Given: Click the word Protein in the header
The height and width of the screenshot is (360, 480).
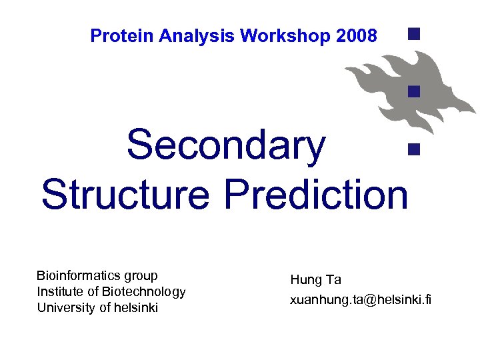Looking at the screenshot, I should tap(115, 36).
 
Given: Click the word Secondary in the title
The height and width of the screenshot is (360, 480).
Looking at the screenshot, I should tap(226, 145).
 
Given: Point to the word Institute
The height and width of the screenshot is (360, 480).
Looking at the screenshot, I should tap(59, 291).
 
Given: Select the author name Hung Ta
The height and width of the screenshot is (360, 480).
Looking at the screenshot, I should tap(315, 280).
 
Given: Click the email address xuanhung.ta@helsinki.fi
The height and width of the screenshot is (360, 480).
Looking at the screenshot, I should tap(361, 300).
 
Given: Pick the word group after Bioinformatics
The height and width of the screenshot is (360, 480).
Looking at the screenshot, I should tap(141, 276).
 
